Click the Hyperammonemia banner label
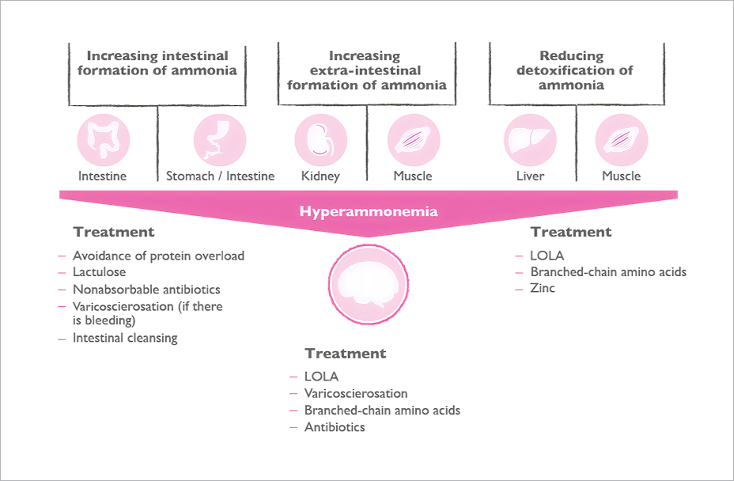(368, 212)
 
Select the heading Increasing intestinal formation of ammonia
(157, 63)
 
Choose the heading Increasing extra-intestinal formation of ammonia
(366, 70)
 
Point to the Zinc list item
(543, 288)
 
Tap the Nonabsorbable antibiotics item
(146, 290)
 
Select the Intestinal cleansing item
(125, 338)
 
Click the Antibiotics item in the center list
(335, 427)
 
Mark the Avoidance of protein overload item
(158, 256)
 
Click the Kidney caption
(320, 176)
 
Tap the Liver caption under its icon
(530, 176)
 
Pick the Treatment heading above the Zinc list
(571, 233)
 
